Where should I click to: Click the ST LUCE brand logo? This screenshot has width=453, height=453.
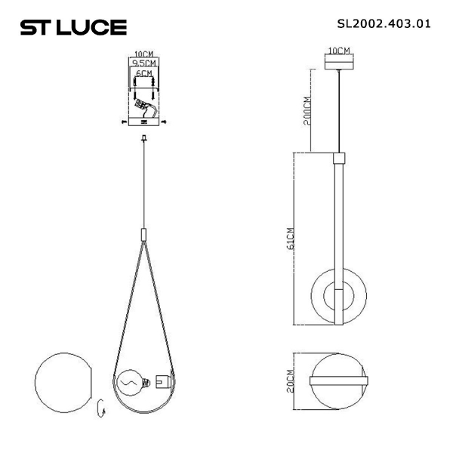point(72,28)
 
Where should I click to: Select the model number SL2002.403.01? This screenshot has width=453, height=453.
point(384,23)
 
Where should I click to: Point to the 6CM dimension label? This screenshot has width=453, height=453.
point(143,75)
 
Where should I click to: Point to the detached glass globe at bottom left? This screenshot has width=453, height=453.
point(63,384)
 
